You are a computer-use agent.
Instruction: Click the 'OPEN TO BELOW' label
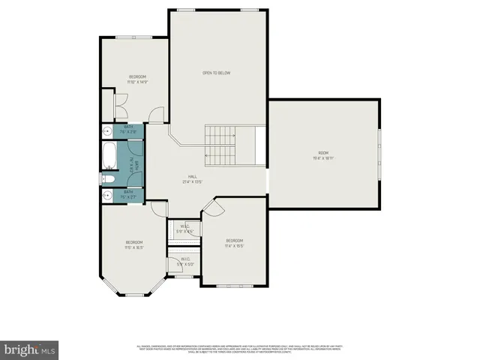[216, 73]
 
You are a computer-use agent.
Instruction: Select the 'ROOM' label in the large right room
[323, 152]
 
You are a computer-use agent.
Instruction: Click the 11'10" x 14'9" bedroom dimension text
[136, 82]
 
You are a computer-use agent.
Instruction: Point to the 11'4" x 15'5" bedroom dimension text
[235, 245]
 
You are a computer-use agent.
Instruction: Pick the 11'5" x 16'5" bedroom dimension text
[134, 247]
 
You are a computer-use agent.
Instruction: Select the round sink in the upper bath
[106, 130]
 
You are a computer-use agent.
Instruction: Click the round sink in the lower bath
[106, 195]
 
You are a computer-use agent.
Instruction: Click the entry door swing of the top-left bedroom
[155, 115]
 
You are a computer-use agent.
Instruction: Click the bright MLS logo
[30, 349]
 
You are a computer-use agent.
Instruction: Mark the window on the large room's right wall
[379, 152]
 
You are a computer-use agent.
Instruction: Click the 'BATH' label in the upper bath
[128, 127]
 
